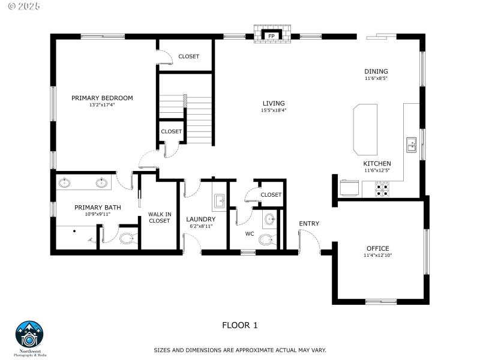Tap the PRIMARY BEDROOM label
102,98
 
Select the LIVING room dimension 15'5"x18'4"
273,110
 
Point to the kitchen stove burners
382,190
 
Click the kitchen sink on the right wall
412,144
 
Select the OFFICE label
377,248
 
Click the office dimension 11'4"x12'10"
377,256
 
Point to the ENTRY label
309,224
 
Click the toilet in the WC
266,239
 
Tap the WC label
250,233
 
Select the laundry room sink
218,201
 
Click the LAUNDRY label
200,220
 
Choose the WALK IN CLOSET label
159,217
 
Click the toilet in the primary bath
127,239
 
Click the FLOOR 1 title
239,325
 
